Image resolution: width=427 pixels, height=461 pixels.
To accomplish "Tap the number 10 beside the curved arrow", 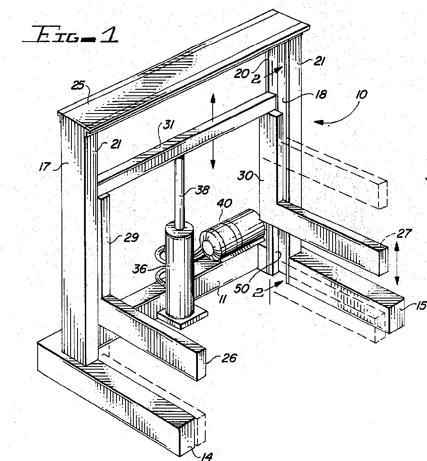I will (360, 95).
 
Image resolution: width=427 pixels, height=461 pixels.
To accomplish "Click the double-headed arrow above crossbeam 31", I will (213, 132).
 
